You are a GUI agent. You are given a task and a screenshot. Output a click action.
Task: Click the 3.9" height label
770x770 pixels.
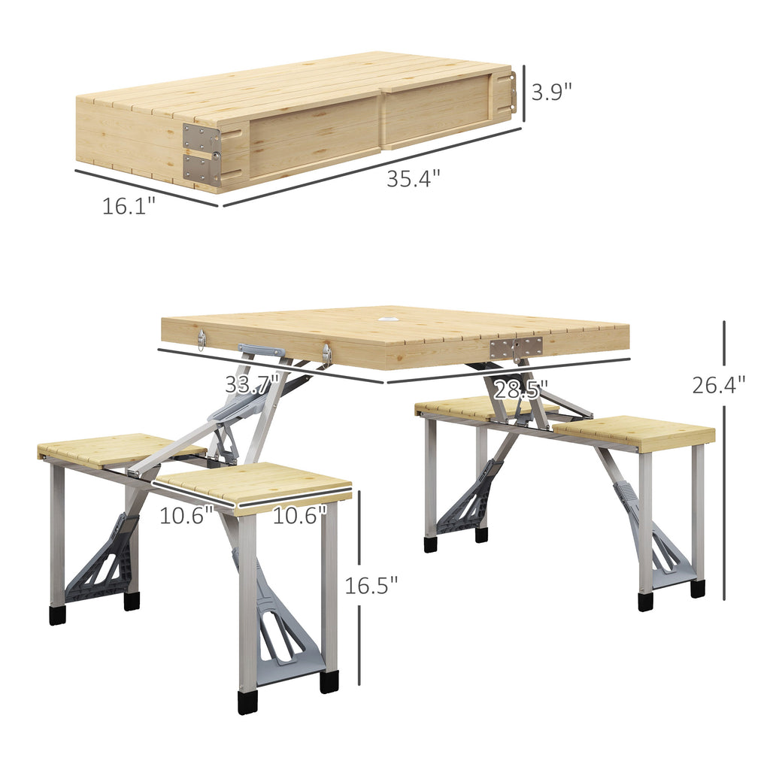[x=552, y=92]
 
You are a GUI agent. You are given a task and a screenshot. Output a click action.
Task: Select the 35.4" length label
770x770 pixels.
[x=413, y=180]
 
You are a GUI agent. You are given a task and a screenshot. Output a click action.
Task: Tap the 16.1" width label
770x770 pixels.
[x=129, y=205]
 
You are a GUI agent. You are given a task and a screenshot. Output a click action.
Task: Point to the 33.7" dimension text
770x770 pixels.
[x=252, y=384]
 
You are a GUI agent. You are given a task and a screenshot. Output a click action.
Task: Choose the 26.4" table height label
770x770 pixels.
[x=719, y=385]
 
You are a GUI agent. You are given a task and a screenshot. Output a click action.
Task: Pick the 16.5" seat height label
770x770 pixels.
[x=371, y=584]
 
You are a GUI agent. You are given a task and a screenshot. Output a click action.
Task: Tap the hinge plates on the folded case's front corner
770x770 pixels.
[x=202, y=155]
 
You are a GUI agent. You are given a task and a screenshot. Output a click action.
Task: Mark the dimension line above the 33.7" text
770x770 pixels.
[x=271, y=366]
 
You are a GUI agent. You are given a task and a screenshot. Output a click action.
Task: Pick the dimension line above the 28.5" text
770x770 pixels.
[x=508, y=371]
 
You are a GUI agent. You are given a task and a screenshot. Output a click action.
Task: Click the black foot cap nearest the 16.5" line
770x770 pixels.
[x=329, y=682]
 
